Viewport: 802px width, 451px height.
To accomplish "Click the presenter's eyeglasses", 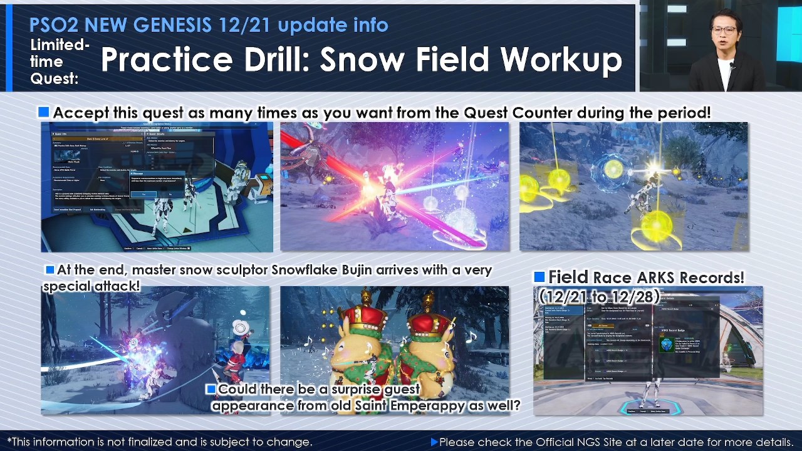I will [724, 29].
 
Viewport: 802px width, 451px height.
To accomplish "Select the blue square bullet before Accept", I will [43, 112].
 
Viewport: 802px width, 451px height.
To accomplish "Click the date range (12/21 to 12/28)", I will [599, 296].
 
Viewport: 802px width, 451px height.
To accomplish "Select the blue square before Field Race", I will [539, 277].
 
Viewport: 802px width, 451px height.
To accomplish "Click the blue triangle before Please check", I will [434, 442].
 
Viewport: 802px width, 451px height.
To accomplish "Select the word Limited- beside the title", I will [60, 45].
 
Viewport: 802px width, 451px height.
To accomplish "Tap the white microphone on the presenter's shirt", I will [732, 65].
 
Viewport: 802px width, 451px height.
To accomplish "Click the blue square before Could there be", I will [211, 389].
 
